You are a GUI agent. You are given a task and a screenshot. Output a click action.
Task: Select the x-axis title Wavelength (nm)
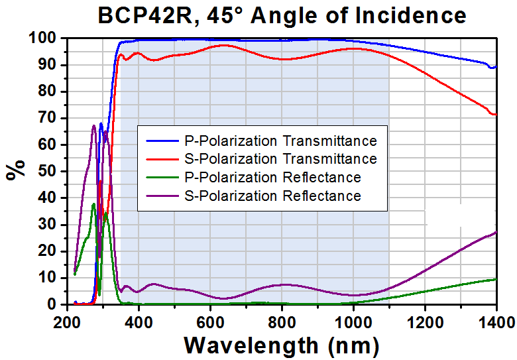point(282,345)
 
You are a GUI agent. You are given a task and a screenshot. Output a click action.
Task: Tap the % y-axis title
point(14,170)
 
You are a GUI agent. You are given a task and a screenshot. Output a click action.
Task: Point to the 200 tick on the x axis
point(67,322)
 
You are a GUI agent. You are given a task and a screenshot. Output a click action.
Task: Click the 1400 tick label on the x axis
point(494,322)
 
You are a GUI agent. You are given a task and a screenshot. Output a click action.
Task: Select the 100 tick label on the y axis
point(42,38)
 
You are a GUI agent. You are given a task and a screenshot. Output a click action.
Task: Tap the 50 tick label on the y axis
point(47,171)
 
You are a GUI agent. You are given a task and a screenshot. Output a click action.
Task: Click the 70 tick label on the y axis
point(47,118)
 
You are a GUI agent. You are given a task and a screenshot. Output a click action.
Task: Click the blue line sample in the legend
point(162,141)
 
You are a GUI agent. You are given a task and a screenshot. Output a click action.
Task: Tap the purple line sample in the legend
point(162,196)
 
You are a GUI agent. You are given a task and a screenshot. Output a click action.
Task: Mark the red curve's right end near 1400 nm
point(494,114)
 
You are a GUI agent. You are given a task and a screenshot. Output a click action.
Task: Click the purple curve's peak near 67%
point(93,126)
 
